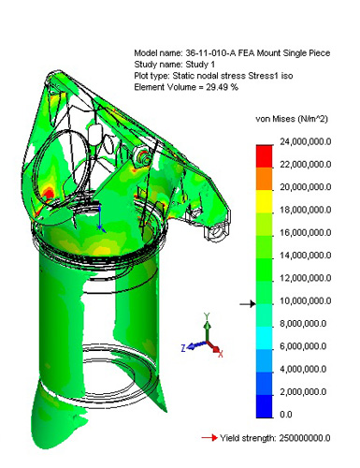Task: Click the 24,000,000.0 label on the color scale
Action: (306, 142)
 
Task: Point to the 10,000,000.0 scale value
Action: (306, 301)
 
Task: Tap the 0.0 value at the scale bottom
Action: (286, 415)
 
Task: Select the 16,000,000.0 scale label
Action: (306, 233)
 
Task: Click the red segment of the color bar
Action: (264, 156)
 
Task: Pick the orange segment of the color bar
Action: (264, 179)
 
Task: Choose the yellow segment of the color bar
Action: (264, 201)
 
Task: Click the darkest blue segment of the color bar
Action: (264, 406)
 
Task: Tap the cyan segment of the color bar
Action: (264, 338)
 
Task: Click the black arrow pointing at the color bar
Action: (248, 303)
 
